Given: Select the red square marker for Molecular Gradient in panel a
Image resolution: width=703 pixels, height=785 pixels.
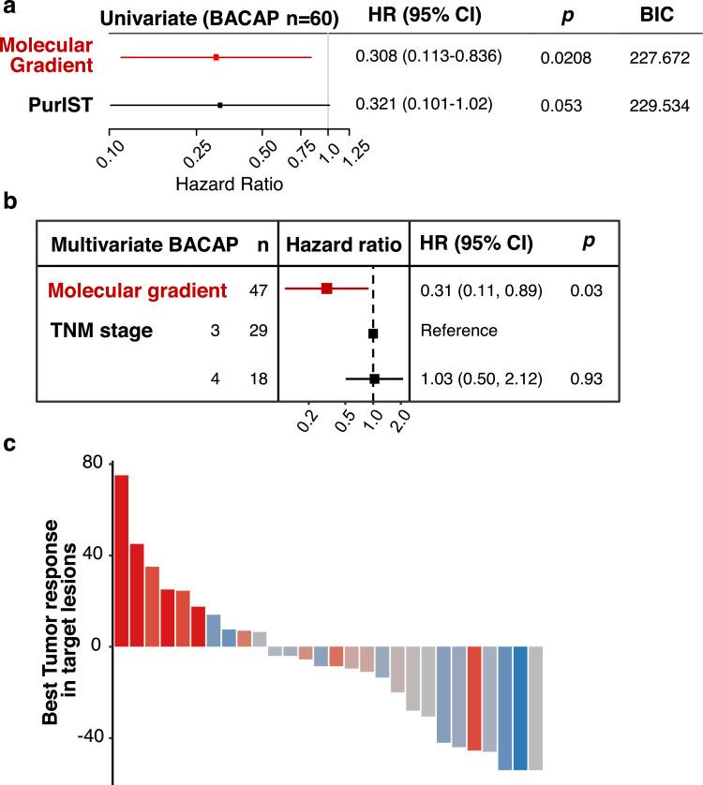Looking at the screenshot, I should click(x=217, y=57).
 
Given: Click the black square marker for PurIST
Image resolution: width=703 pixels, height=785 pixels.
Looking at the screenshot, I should click(x=219, y=105).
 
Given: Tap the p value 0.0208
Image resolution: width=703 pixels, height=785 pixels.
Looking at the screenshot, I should click(x=565, y=58).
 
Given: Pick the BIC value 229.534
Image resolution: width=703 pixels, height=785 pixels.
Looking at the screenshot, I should click(x=659, y=106).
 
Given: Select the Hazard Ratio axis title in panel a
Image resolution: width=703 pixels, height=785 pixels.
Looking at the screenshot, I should click(x=230, y=185).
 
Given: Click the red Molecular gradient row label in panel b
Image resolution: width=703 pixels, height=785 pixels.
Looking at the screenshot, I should click(x=139, y=289).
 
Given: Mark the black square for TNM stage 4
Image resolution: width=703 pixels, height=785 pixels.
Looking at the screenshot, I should click(x=374, y=378).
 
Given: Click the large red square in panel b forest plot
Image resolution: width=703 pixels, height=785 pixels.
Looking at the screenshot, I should click(x=326, y=289).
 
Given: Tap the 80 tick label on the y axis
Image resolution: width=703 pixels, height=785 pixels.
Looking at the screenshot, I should click(x=91, y=464).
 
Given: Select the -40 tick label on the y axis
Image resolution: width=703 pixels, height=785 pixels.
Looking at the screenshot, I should click(x=86, y=738).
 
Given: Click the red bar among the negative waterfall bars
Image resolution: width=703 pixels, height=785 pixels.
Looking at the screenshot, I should click(x=474, y=672).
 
